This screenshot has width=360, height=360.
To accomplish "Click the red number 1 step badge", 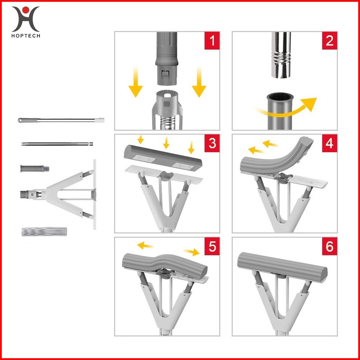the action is (212, 41).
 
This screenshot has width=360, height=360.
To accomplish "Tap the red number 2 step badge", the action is (329, 41).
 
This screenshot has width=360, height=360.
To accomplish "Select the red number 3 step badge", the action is (212, 143).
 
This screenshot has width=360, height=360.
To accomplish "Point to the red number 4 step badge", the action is (329, 143).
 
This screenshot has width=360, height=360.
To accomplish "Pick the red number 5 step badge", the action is (212, 246).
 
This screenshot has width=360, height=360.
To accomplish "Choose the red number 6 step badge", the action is (329, 246).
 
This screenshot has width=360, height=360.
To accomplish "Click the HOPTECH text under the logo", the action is (26, 36).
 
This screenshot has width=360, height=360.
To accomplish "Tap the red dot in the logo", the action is (26, 10).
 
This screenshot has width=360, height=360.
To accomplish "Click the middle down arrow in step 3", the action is (166, 143).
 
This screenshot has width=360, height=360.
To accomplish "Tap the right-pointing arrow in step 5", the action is (192, 252).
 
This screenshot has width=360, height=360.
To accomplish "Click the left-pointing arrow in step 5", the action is (145, 245).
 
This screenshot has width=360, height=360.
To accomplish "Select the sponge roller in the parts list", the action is (44, 232).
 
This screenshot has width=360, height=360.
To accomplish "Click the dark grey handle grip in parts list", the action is (35, 169).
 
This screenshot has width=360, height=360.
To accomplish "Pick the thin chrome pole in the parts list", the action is (57, 144).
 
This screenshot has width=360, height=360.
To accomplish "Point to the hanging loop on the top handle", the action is (20, 120).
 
